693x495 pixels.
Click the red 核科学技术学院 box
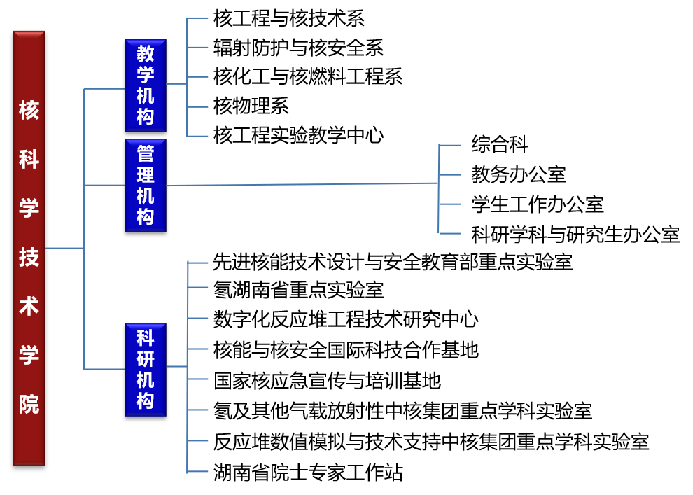click(29, 249)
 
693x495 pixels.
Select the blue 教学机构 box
click(146, 85)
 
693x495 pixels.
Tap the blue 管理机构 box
click(146, 186)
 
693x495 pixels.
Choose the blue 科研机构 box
click(146, 370)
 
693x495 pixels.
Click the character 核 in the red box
click(29, 111)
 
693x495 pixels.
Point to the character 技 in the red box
click(29, 258)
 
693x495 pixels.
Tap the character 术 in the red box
click(29, 307)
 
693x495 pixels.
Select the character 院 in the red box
click(29, 405)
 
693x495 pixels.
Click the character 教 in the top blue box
click(146, 53)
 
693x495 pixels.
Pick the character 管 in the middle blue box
click(146, 153)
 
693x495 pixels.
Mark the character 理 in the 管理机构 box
click(146, 174)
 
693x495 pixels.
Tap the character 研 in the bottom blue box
click(146, 359)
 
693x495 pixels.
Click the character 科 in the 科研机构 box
click(146, 338)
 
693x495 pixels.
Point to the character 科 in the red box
click(29, 160)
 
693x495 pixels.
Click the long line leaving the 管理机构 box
click(301, 184)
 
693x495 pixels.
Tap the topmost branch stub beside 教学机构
click(198, 18)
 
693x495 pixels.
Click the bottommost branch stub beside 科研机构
click(198, 471)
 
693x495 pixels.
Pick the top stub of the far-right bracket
click(450, 145)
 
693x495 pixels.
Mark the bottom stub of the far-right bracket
click(450, 233)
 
